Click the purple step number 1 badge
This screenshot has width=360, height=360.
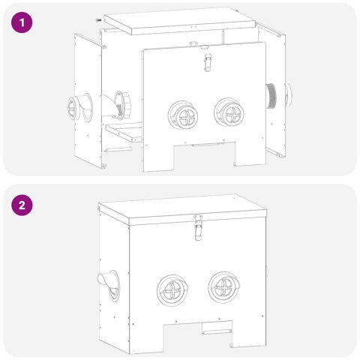pyautogui.click(x=23, y=23)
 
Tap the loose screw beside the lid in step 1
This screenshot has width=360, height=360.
pyautogui.click(x=98, y=19)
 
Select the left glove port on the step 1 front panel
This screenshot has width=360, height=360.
pyautogui.click(x=181, y=112)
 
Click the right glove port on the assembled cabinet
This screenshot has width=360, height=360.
pyautogui.click(x=224, y=288)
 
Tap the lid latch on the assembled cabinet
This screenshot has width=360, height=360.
pyautogui.click(x=199, y=227)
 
